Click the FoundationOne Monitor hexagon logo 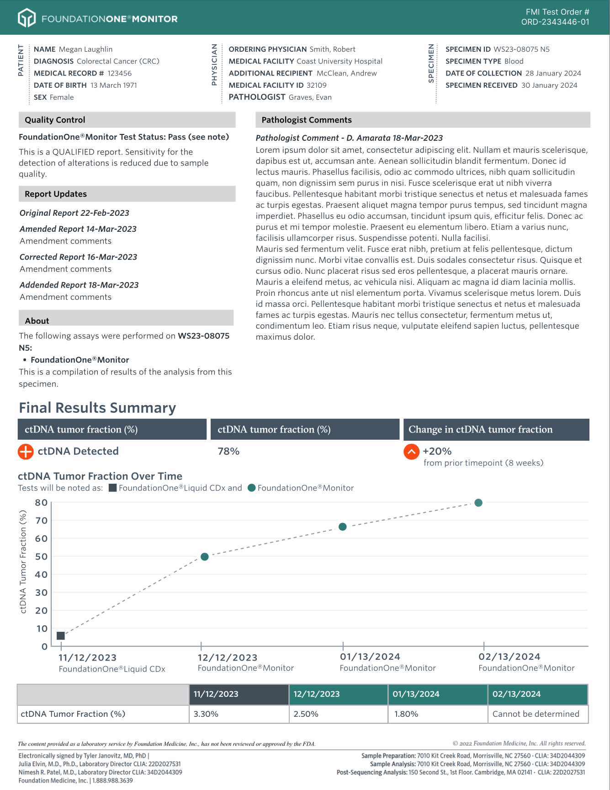(27, 18)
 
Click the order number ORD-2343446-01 (555, 22)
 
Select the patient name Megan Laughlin (85, 49)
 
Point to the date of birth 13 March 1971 (113, 85)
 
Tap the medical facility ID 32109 (316, 85)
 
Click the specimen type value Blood (514, 61)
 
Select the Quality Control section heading (55, 120)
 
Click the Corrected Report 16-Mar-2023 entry (78, 257)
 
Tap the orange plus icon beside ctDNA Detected (26, 452)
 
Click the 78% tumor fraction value (228, 452)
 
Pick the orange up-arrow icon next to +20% (411, 452)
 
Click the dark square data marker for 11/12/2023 (61, 635)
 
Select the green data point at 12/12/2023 (205, 556)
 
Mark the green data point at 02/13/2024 (478, 502)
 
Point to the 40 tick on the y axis (42, 575)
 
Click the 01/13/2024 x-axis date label (370, 657)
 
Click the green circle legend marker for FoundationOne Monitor (251, 488)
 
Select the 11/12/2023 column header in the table (239, 694)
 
